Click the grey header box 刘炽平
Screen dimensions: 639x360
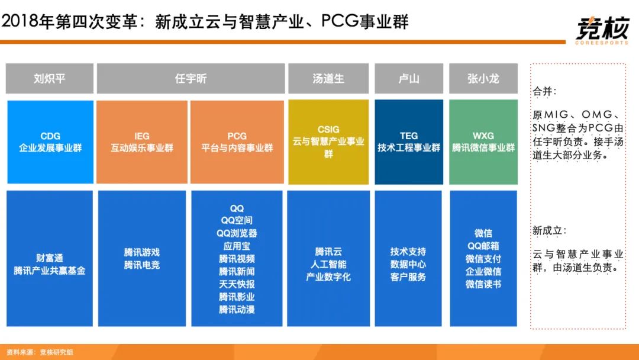49,78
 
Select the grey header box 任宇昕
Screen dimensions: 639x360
191,78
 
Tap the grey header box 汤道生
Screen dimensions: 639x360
328,78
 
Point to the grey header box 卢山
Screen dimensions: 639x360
409,78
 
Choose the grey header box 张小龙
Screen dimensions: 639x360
483,78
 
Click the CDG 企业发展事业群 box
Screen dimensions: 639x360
50,142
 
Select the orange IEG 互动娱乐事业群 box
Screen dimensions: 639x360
142,142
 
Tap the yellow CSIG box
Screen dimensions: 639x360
328,142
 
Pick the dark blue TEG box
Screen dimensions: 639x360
409,142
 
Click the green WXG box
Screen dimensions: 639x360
483,142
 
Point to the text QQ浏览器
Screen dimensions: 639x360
237,233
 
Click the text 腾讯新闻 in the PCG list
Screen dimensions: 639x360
237,272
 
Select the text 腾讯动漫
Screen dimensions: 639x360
237,310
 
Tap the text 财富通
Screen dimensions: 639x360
50,258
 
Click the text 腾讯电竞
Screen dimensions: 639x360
142,265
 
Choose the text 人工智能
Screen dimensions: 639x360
328,264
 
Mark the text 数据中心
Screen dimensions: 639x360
408,264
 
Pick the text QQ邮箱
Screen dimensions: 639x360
483,246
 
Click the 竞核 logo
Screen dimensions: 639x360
602,30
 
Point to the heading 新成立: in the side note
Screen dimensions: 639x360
549,231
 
